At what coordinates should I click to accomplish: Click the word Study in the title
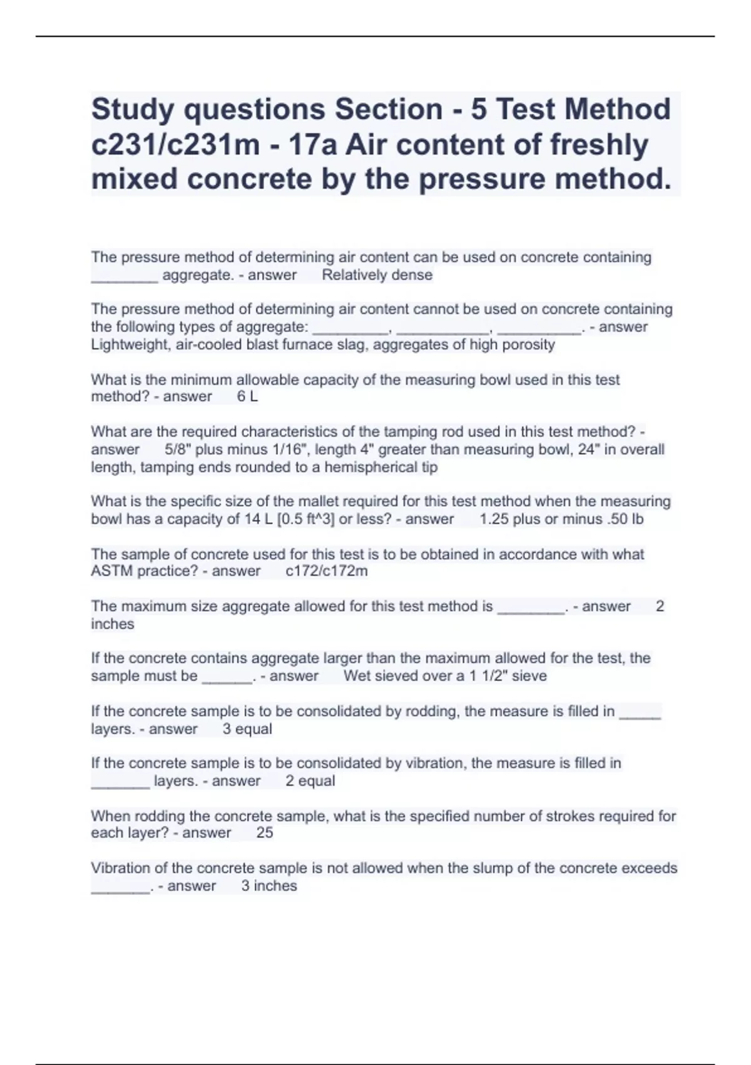(x=132, y=110)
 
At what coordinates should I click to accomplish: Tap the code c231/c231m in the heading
(x=175, y=145)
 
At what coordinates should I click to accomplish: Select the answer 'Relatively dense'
(x=377, y=275)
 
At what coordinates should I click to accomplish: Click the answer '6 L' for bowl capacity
(x=247, y=397)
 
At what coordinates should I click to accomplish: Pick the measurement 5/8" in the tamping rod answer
(x=178, y=450)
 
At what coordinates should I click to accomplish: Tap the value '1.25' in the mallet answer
(x=493, y=519)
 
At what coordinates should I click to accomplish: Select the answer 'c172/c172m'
(x=326, y=571)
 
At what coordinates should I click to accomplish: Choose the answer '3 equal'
(x=247, y=729)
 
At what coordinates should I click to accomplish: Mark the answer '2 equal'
(x=310, y=781)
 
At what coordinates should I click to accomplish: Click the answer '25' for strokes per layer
(x=265, y=833)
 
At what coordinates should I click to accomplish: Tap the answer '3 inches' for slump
(x=269, y=886)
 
